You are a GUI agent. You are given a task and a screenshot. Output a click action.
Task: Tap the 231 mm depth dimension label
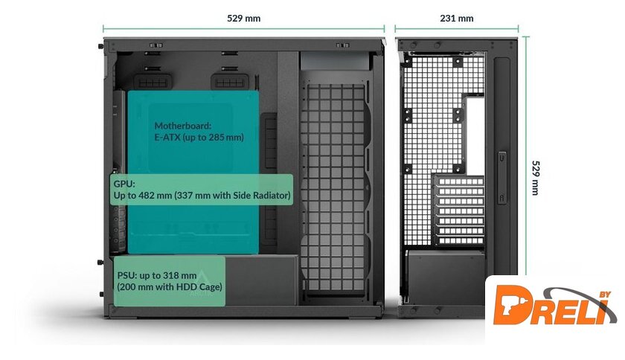(457, 18)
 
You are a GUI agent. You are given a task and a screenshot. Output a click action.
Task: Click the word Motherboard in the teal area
(183, 126)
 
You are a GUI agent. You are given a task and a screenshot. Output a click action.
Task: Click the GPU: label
(124, 183)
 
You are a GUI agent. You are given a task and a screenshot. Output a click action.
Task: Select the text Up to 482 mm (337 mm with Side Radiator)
(202, 195)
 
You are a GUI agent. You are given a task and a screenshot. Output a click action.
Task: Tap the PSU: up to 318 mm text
(156, 275)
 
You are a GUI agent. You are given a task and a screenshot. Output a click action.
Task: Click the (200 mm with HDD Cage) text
(169, 286)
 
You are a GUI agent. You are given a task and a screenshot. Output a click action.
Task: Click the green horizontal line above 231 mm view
(457, 30)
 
